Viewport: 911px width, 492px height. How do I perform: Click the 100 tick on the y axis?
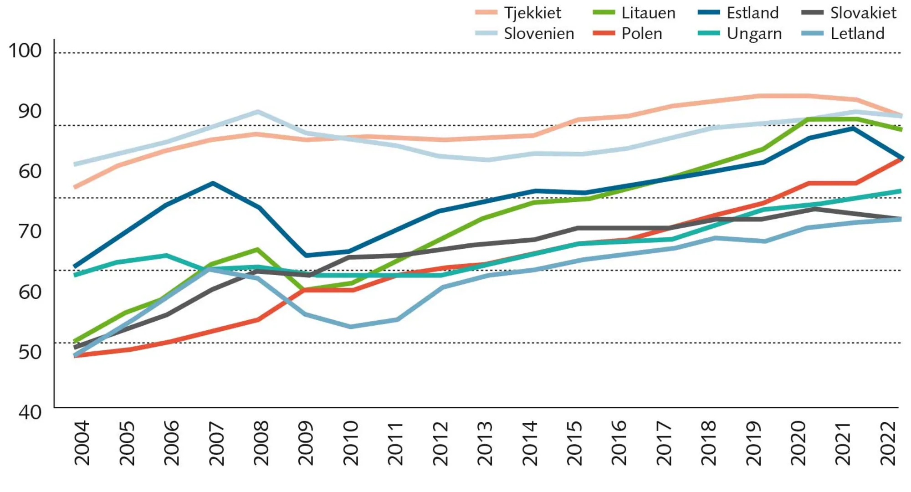pos(25,51)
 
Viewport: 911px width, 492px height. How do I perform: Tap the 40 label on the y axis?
pos(30,412)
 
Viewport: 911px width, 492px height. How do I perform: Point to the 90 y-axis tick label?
pos(30,111)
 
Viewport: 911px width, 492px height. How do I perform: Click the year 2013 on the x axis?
pos(485,443)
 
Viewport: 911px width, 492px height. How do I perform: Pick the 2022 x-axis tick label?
pos(889,443)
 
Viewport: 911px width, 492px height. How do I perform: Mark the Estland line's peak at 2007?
pos(213,183)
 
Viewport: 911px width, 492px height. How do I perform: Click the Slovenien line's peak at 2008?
pos(257,112)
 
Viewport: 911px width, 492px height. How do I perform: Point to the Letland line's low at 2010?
pos(350,327)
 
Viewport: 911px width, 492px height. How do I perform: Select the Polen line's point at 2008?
pos(257,320)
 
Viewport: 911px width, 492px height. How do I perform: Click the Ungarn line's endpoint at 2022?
pos(900,191)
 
